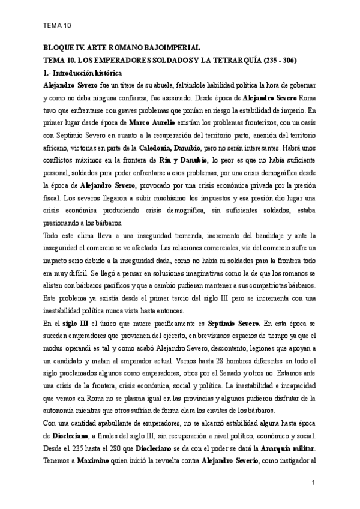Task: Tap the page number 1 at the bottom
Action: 314,483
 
